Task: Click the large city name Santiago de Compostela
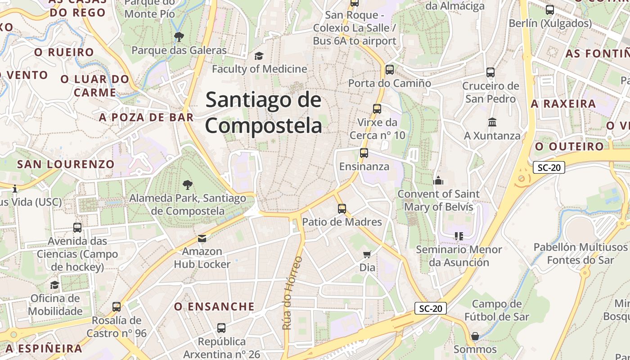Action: pyautogui.click(x=264, y=112)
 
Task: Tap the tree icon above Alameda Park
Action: pyautogui.click(x=188, y=184)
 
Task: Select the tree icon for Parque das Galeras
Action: pyautogui.click(x=179, y=36)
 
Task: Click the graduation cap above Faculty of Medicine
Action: pyautogui.click(x=259, y=56)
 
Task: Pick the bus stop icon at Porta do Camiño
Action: pyautogui.click(x=390, y=70)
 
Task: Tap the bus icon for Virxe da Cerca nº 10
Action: pyautogui.click(x=377, y=108)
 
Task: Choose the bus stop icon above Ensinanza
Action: pyautogui.click(x=364, y=153)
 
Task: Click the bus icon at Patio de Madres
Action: pyautogui.click(x=342, y=208)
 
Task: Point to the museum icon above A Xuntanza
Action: pyautogui.click(x=492, y=122)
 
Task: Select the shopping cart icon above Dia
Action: pyautogui.click(x=367, y=255)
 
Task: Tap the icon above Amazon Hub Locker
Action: pyautogui.click(x=202, y=238)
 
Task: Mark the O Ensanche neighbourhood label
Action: pyautogui.click(x=214, y=307)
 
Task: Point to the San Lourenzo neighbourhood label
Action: pyautogui.click(x=66, y=164)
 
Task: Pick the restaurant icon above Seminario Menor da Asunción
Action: pyautogui.click(x=459, y=236)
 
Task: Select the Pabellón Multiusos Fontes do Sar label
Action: pyautogui.click(x=580, y=253)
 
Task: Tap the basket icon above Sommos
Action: pyautogui.click(x=475, y=336)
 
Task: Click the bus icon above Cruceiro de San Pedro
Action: pyautogui.click(x=490, y=72)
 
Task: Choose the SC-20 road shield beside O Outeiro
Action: pyautogui.click(x=549, y=168)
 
